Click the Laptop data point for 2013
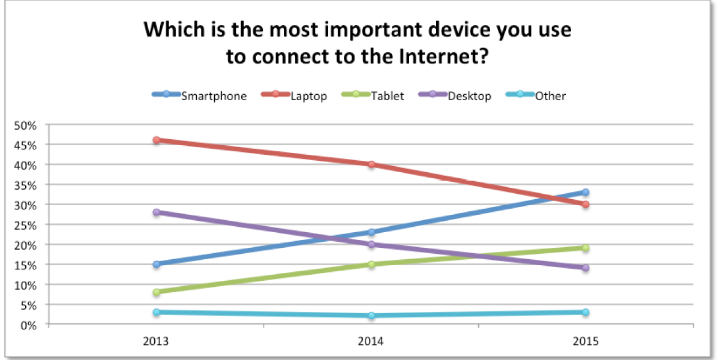[157, 140]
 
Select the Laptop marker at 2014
[371, 164]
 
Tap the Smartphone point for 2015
[586, 192]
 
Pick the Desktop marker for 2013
[157, 212]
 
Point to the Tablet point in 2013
[157, 292]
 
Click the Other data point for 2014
[371, 316]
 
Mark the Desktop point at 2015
[586, 268]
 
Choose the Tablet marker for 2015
[586, 248]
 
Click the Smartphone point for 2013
[157, 264]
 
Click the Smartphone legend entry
[199, 95]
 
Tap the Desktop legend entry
[455, 95]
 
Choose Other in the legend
[536, 95]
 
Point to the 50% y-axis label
[25, 125]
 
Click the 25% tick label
[25, 226]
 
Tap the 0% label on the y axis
[28, 326]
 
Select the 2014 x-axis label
[371, 341]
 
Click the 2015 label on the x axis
[586, 341]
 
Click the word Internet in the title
[444, 56]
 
